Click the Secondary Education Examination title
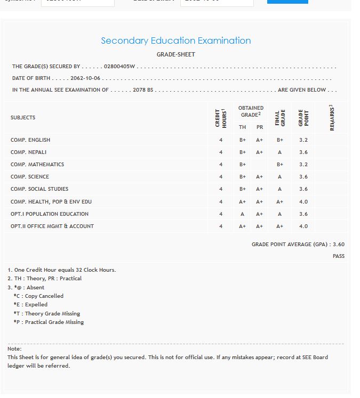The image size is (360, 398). coord(175,40)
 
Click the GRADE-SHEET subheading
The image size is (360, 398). coord(175,54)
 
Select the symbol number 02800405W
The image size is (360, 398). coord(120,67)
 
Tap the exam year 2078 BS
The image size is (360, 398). coord(143,90)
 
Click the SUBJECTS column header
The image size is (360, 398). coord(23,118)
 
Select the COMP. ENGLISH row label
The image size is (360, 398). coord(30,140)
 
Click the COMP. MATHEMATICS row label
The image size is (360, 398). coord(37,165)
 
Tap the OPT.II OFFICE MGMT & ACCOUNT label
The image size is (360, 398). coord(52,226)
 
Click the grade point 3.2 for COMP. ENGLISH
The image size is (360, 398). coord(303,140)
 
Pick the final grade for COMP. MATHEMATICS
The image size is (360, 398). coord(280,165)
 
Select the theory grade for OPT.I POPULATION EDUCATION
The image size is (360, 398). coord(242,214)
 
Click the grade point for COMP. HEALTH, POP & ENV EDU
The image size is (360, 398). coord(303,202)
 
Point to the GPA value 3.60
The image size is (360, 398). coord(338,245)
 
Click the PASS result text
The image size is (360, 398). coord(338,256)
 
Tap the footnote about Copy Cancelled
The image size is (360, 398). coord(38,296)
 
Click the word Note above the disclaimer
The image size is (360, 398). coord(14,348)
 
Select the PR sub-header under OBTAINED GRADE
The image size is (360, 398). coord(260,127)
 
